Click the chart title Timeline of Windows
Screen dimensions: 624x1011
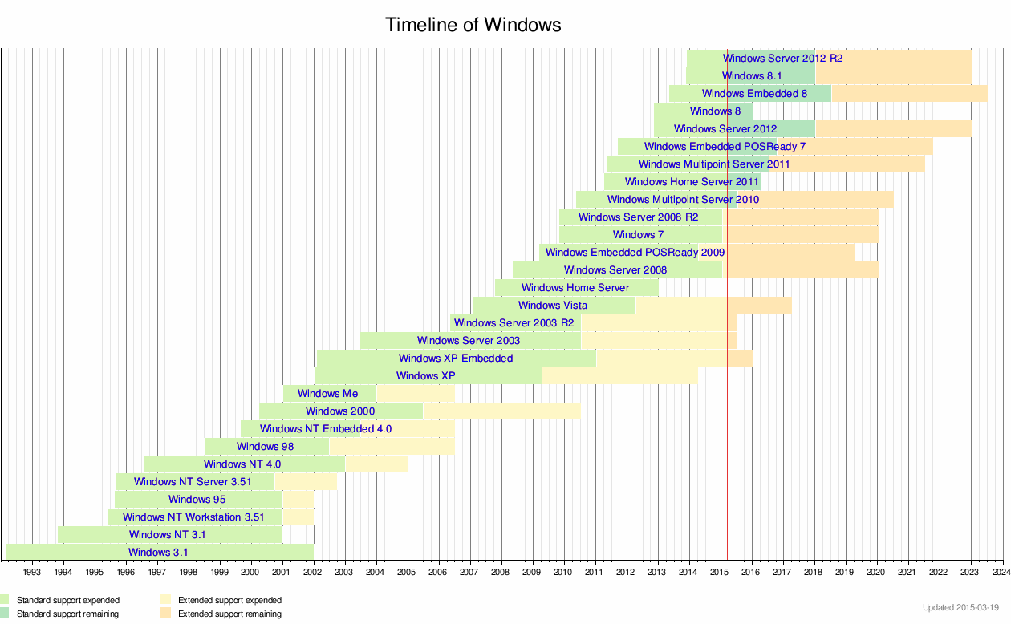click(x=473, y=25)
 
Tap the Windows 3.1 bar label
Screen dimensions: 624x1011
click(x=158, y=553)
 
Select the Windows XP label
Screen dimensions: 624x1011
click(x=426, y=376)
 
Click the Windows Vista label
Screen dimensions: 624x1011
click(x=553, y=306)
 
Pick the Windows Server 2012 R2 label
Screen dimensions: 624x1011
click(x=782, y=59)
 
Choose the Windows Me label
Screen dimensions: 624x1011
click(x=328, y=394)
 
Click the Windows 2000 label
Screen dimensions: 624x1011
click(x=340, y=411)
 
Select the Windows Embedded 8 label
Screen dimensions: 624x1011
click(x=754, y=94)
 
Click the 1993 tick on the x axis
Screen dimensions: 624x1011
click(x=32, y=572)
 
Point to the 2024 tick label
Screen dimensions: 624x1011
click(x=1001, y=572)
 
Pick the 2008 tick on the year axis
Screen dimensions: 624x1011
click(x=501, y=572)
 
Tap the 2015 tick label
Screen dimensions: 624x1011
click(x=720, y=572)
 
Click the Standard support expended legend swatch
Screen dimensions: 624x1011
click(x=5, y=599)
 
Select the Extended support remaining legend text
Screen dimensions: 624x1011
click(x=229, y=614)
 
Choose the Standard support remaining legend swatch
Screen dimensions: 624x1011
click(x=5, y=614)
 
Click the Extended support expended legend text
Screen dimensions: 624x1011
click(x=229, y=600)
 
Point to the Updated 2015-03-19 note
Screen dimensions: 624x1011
click(x=960, y=607)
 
